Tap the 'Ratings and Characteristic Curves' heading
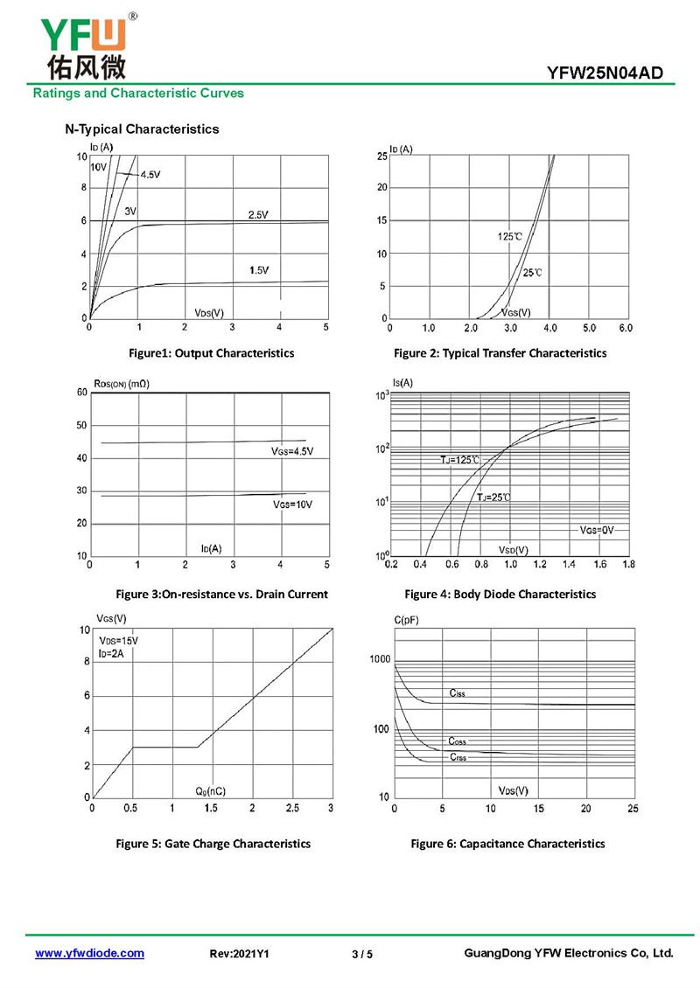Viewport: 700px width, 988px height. [138, 93]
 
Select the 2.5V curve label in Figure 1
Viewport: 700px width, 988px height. [257, 214]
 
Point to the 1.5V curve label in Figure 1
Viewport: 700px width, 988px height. [258, 270]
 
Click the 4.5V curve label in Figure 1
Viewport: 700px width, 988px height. [150, 175]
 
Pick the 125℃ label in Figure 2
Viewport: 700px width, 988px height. [510, 237]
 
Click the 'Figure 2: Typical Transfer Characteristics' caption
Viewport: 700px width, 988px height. [500, 353]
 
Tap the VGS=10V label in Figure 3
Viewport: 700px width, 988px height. [292, 505]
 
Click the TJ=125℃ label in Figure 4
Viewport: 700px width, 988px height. [460, 459]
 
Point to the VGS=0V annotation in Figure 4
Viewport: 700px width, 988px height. [598, 530]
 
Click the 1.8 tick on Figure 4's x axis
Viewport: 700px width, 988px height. [628, 565]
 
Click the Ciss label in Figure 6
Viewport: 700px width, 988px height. [457, 693]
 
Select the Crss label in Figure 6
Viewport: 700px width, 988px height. [458, 757]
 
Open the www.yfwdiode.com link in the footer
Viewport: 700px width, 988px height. [89, 953]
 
